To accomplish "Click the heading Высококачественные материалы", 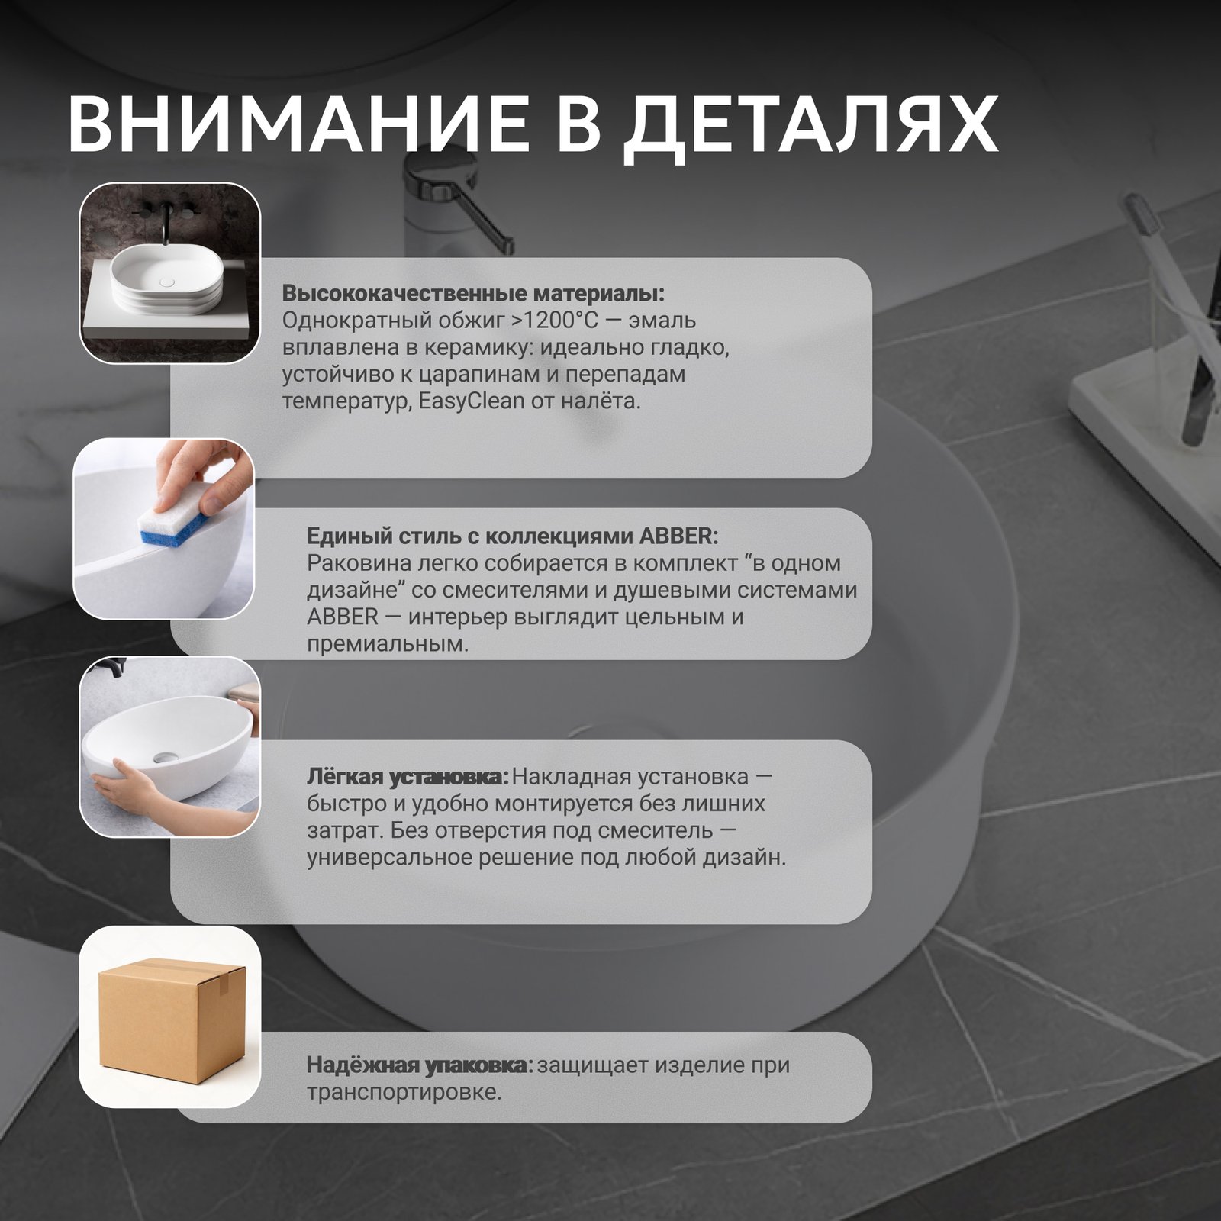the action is [473, 294].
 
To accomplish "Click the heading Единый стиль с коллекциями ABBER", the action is [512, 536].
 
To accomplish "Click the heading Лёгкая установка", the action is [408, 777].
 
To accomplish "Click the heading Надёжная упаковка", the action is [420, 1065].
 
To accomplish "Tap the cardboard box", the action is [171, 1017].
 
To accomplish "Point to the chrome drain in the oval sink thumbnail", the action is [163, 756].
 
